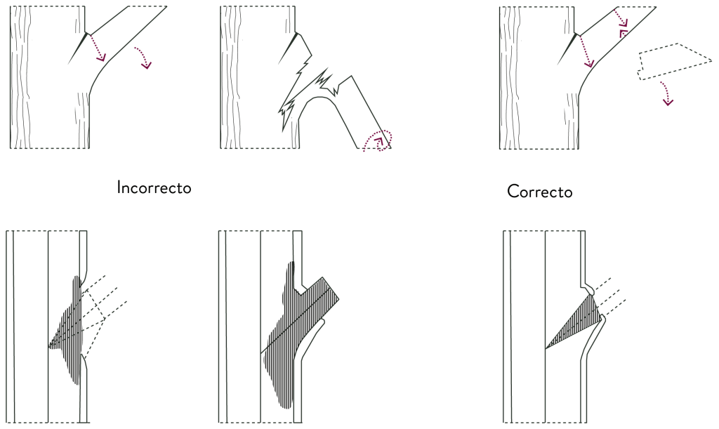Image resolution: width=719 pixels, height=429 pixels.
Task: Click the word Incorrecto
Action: click(x=154, y=187)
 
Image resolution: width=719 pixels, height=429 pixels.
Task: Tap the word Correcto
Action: click(x=540, y=191)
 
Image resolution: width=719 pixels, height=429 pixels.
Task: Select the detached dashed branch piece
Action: click(x=674, y=62)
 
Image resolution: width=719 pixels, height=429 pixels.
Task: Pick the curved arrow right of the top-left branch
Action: click(x=144, y=57)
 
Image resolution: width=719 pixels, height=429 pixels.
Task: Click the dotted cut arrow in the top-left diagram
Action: click(x=98, y=48)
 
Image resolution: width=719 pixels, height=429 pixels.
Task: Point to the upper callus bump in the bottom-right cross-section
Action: click(x=590, y=289)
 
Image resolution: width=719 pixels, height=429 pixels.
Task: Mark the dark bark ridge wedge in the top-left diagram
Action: click(x=77, y=48)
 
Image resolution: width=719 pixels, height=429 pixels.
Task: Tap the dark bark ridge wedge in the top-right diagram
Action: click(x=567, y=48)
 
